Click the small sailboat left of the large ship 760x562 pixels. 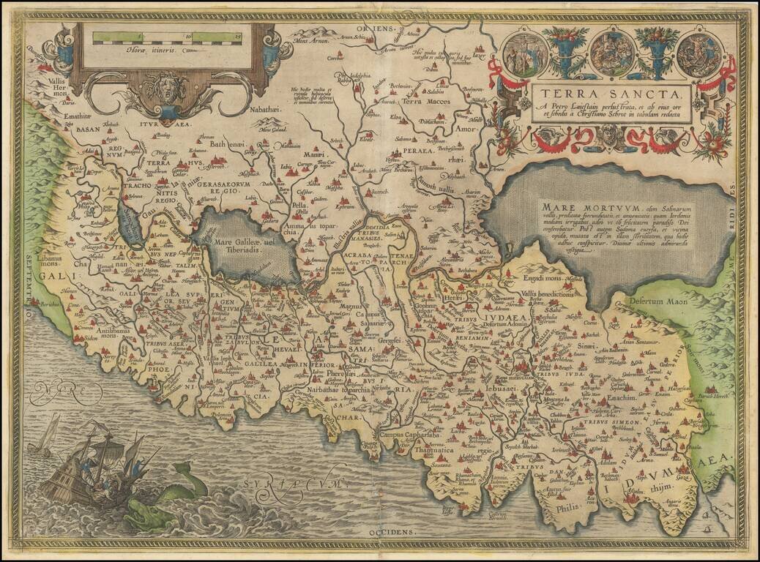45,439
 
